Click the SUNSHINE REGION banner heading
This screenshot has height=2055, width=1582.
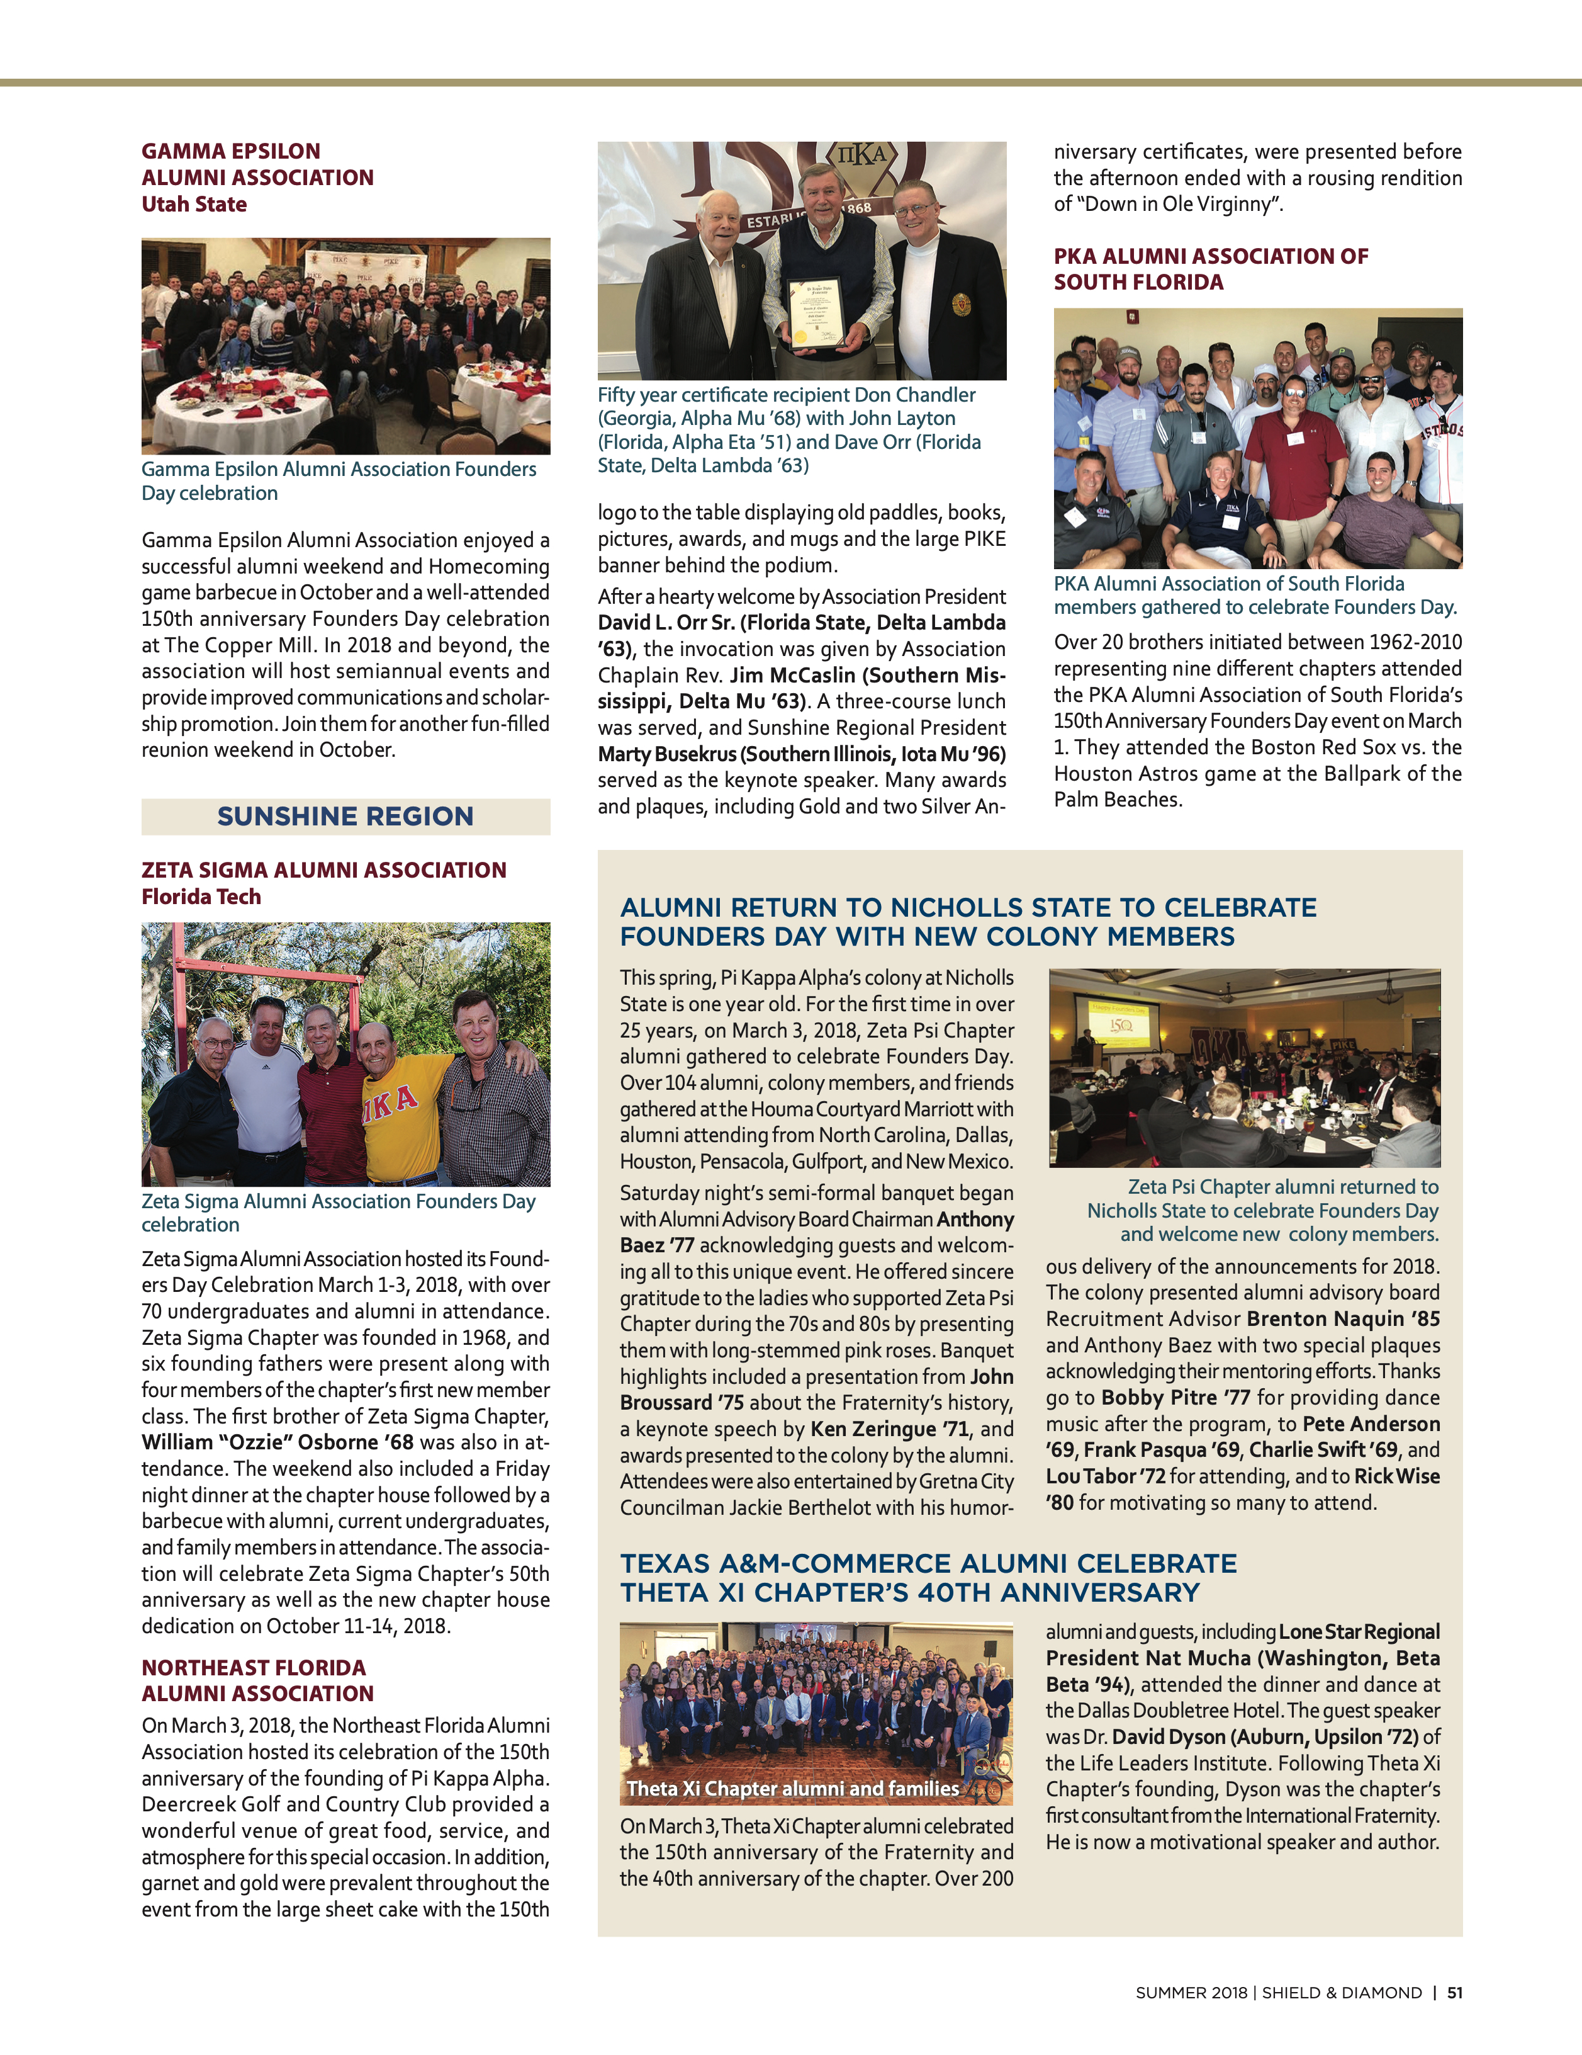pyautogui.click(x=345, y=816)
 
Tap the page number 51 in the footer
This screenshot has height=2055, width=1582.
pyautogui.click(x=1454, y=1992)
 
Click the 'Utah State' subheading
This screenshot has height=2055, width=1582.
pyautogui.click(x=194, y=204)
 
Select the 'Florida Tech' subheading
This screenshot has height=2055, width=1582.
pyautogui.click(x=201, y=897)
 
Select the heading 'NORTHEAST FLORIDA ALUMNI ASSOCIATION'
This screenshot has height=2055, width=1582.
pyautogui.click(x=257, y=1680)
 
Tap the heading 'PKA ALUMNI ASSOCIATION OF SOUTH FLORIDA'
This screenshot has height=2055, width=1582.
pyautogui.click(x=1211, y=269)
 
